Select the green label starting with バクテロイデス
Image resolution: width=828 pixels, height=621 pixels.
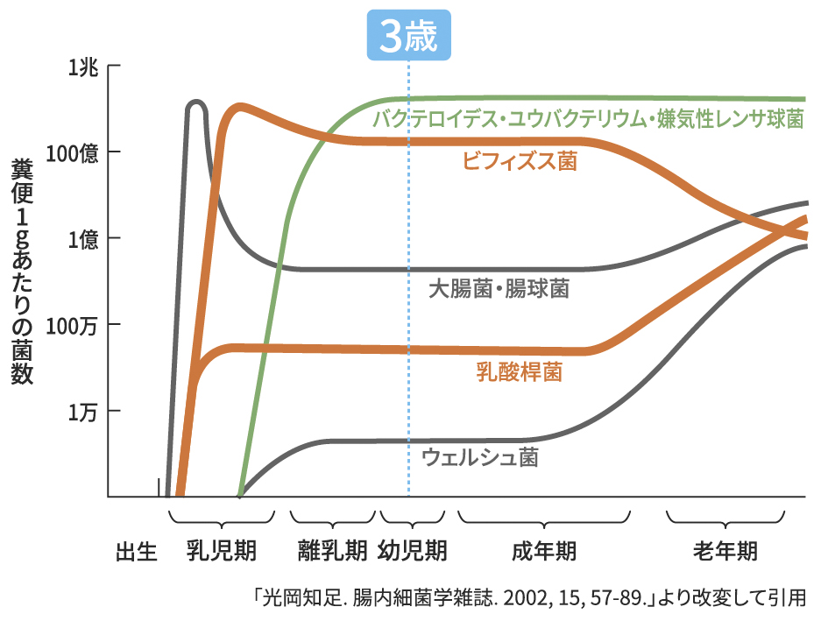click(588, 119)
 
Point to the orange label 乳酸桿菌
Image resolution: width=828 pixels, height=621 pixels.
click(519, 372)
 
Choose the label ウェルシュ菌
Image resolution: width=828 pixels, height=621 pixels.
click(480, 457)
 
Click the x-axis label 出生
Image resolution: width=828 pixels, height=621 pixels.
click(137, 553)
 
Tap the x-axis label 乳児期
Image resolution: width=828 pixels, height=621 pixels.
click(222, 551)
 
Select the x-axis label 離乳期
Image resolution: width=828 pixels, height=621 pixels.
click(333, 551)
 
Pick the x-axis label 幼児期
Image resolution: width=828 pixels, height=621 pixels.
click(413, 551)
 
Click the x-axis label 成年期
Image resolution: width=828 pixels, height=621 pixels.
click(544, 551)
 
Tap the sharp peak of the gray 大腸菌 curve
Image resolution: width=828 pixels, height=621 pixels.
click(196, 102)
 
